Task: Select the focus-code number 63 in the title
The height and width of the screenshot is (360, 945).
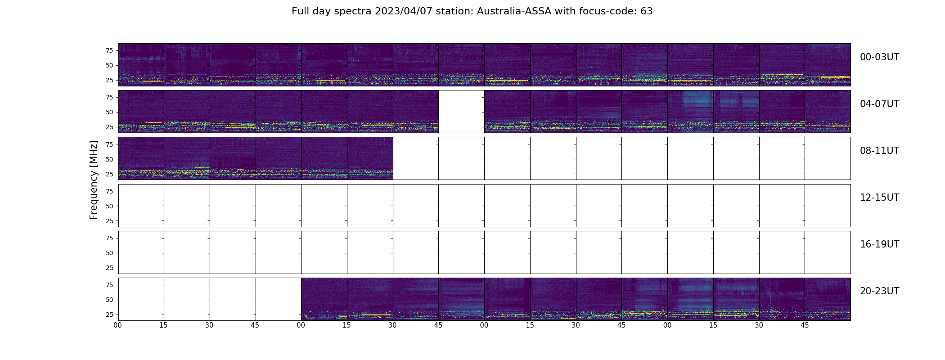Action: [x=647, y=11]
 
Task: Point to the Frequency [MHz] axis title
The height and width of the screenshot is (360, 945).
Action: [x=94, y=180]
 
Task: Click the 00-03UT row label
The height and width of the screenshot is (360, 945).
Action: [x=879, y=57]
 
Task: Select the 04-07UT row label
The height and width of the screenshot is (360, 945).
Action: [x=879, y=104]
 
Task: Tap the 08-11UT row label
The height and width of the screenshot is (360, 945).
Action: [x=879, y=151]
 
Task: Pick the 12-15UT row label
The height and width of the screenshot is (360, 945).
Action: [x=879, y=198]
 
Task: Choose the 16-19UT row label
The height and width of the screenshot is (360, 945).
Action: [x=879, y=244]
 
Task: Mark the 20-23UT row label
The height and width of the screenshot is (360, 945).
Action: [x=879, y=291]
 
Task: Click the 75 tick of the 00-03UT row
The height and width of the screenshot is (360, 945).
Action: [x=109, y=50]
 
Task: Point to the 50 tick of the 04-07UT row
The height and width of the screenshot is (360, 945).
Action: [x=109, y=112]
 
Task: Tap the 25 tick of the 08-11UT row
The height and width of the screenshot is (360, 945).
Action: [x=109, y=174]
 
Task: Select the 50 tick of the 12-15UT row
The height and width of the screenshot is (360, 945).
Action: [x=109, y=206]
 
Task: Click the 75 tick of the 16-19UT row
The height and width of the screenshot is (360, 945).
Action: [x=109, y=238]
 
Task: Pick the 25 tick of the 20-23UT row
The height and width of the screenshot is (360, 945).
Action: [x=109, y=315]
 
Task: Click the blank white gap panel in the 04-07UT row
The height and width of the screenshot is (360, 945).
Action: [x=462, y=112]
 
